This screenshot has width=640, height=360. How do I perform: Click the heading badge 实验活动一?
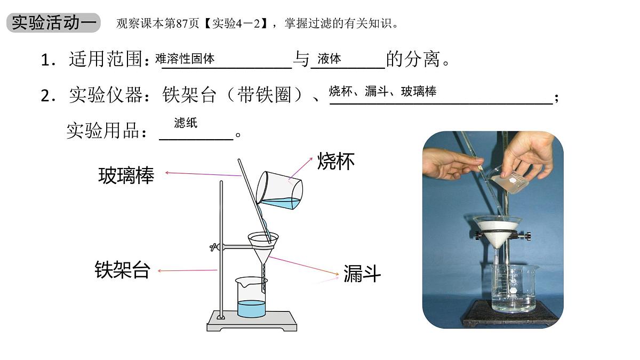53,23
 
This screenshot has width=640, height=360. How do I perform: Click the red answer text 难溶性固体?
185,59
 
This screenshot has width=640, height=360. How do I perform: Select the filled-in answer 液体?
329,59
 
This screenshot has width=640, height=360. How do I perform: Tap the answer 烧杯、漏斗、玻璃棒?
382,91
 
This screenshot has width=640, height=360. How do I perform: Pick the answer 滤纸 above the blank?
186,123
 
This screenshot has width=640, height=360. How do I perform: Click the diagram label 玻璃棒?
126,175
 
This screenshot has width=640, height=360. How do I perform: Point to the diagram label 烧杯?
336,161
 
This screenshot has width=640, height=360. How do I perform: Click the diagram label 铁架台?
122,269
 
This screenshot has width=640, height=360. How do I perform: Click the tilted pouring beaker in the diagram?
279,190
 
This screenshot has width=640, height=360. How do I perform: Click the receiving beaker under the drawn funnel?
251,299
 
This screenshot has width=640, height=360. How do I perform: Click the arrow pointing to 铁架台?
187,271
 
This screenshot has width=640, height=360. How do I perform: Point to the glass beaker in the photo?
513,288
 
